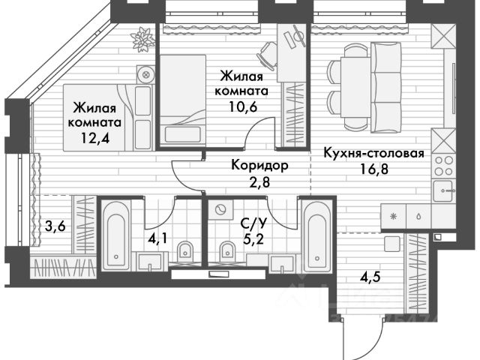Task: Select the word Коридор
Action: coord(258,165)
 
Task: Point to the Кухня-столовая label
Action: coord(373,154)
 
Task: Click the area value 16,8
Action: coord(374,169)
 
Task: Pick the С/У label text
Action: coord(251,223)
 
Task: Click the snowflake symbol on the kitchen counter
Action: coord(392,214)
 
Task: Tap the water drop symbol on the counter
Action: coord(416,214)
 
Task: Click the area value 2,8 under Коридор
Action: coord(258,181)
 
